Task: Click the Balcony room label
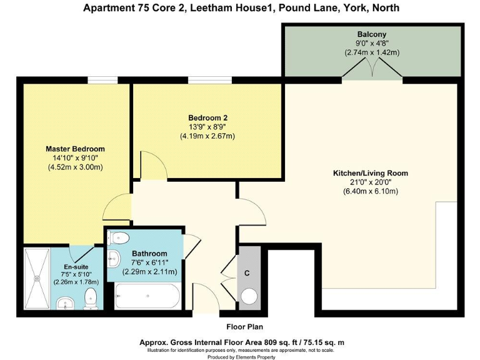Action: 372,34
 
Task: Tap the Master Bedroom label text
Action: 75,149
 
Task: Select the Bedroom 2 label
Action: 207,117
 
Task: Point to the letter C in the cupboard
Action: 247,272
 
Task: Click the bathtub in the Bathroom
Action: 147,296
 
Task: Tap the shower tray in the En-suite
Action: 36,277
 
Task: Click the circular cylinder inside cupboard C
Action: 249,296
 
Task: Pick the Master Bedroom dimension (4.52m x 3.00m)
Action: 75,167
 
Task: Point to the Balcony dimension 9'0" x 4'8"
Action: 372,44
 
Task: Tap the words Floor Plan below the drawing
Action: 244,327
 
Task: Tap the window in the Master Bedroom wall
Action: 102,80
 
